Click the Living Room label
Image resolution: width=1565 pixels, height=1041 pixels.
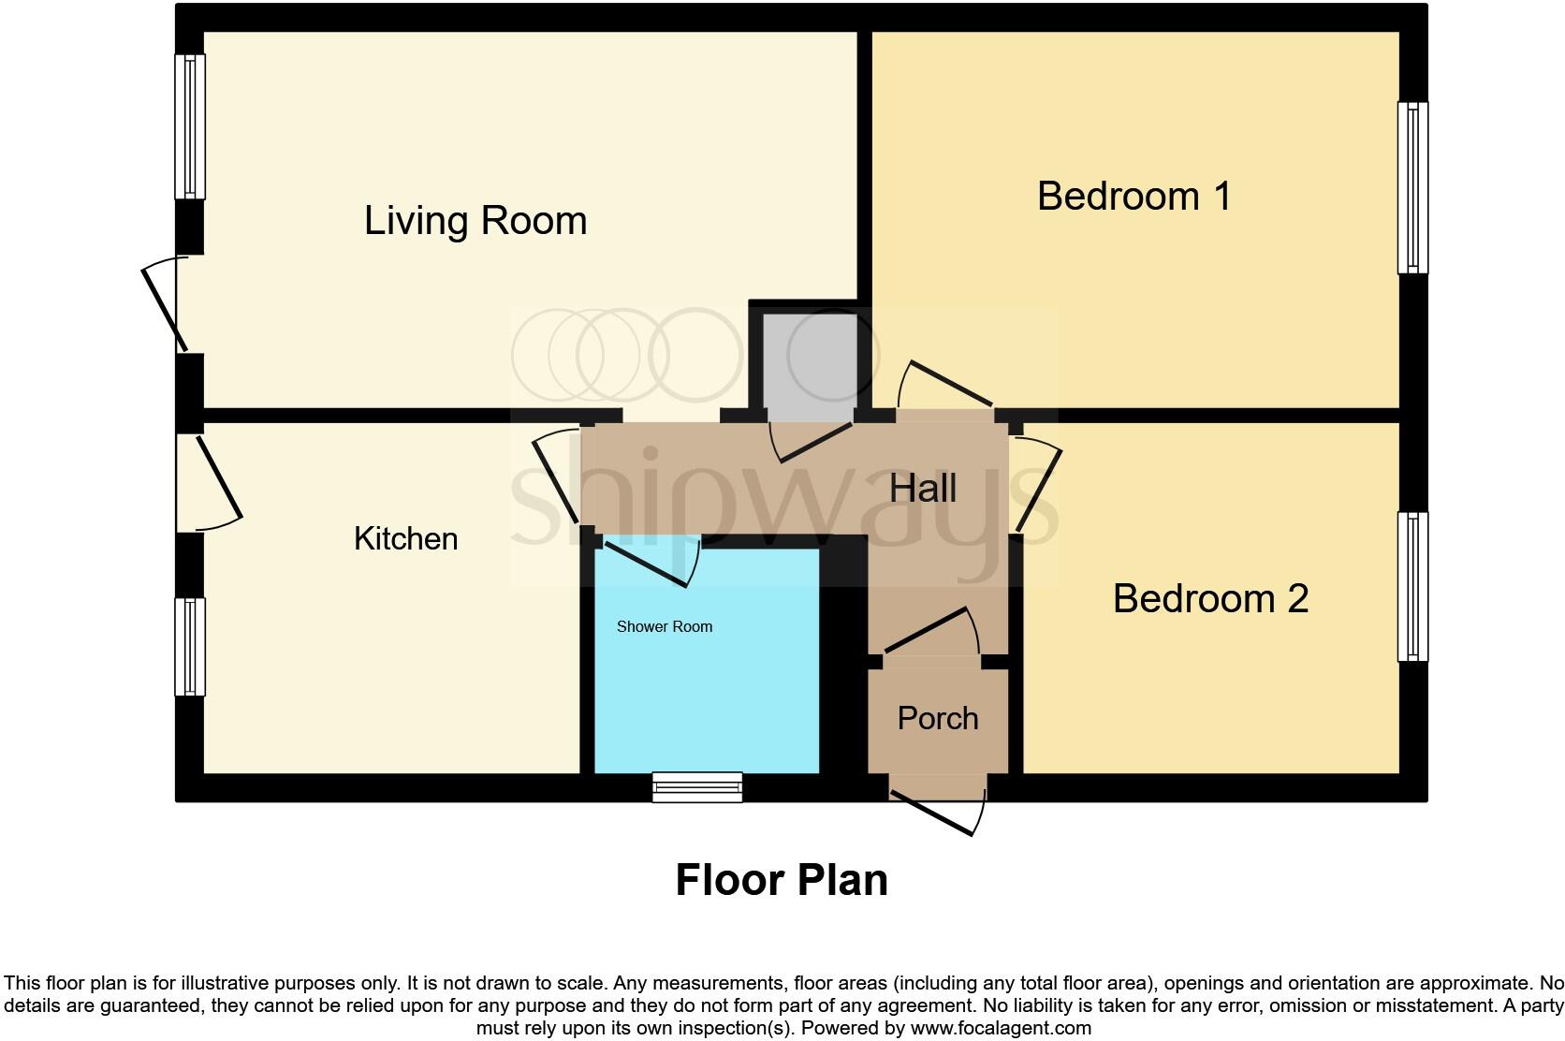pos(475,221)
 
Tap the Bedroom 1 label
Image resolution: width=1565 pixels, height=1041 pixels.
pos(1134,197)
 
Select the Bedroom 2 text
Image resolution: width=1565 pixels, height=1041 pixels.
pos(1209,599)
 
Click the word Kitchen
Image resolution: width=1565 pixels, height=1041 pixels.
pos(405,539)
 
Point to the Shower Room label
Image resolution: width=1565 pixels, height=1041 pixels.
pos(664,627)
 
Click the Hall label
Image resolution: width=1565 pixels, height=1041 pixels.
pos(922,489)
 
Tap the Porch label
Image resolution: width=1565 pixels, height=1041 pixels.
pos(937,719)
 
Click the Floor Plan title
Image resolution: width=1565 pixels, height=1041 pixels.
pos(782,881)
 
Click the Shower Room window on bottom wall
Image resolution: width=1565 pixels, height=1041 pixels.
pos(697,787)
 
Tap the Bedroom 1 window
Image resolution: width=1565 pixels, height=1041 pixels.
pos(1412,187)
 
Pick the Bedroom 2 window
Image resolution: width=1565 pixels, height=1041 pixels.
pos(1412,586)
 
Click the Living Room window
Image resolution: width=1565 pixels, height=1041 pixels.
pos(190,126)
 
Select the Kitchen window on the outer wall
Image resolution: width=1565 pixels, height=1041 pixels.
pos(190,647)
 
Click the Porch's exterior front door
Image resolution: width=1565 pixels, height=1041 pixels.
pos(936,811)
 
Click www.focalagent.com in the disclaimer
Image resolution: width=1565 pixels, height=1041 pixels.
pos(1001,1028)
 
